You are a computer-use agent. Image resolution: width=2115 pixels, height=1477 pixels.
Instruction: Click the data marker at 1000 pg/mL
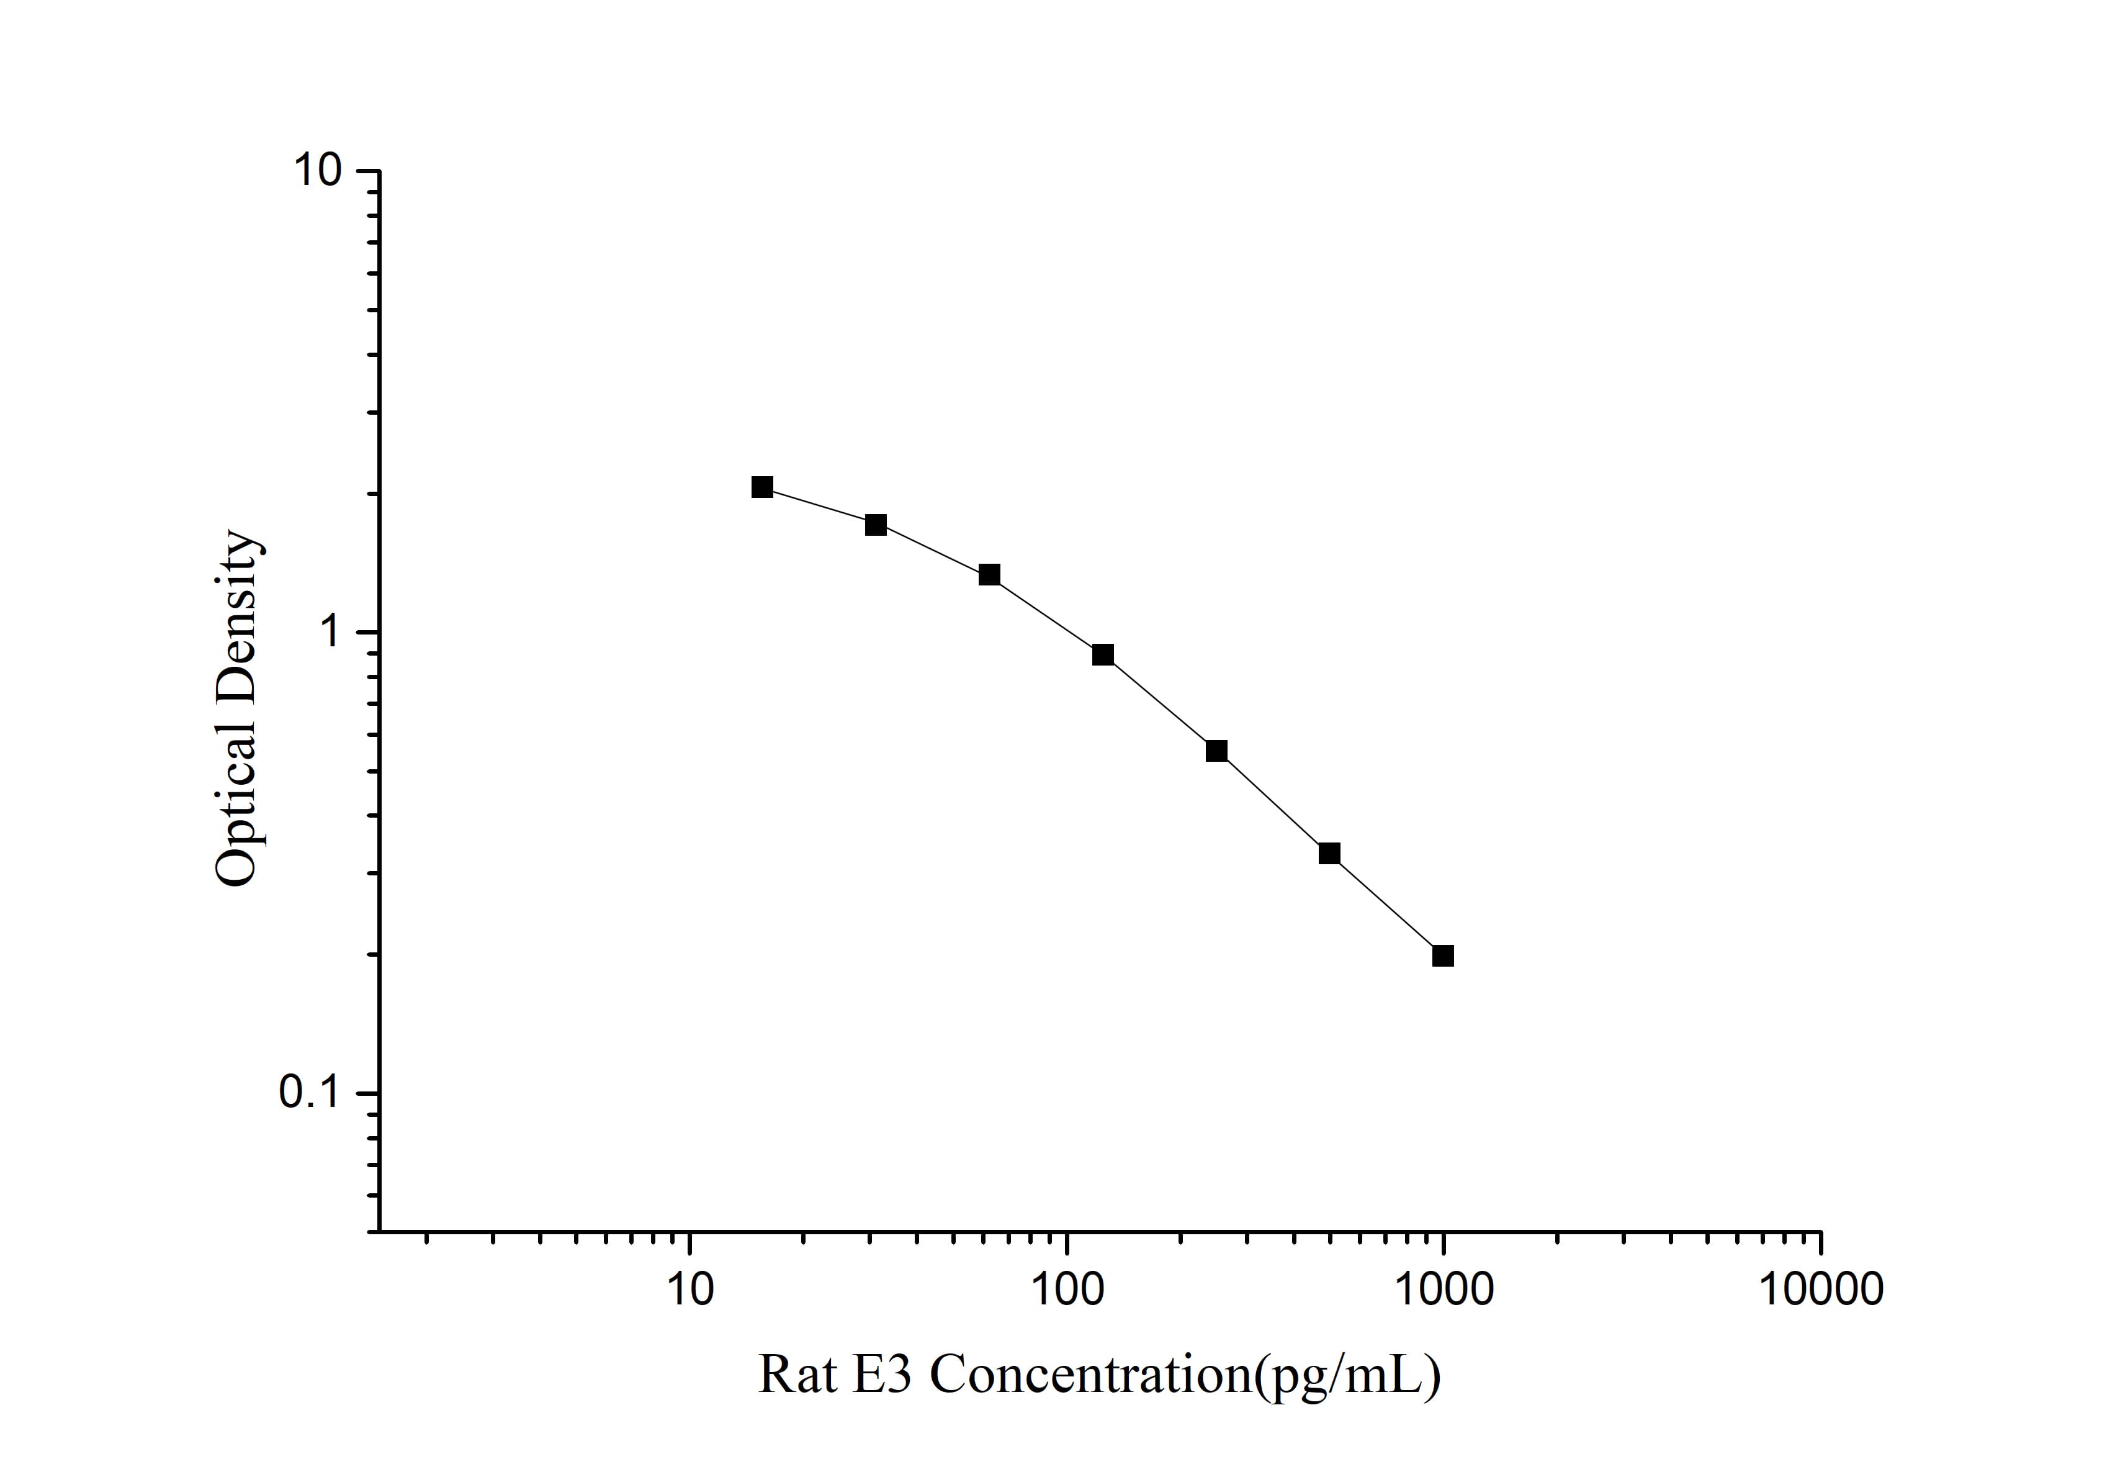[x=1442, y=955]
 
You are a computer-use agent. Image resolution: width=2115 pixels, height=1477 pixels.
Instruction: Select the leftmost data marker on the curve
[x=762, y=487]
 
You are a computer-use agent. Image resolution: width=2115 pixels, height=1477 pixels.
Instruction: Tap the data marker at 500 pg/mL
[x=1329, y=853]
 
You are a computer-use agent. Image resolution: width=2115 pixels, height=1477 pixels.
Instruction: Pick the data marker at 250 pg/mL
[x=1216, y=751]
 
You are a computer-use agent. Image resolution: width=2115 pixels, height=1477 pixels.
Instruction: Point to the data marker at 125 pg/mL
[x=1103, y=655]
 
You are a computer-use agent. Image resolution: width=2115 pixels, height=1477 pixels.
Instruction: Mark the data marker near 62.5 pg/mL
[x=989, y=575]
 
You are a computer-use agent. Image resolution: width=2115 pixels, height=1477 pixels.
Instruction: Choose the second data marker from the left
[x=875, y=525]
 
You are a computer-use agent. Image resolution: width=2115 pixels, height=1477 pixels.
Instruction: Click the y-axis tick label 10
[x=317, y=171]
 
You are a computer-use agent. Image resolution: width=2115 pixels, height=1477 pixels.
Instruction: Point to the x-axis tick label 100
[x=1067, y=1288]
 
